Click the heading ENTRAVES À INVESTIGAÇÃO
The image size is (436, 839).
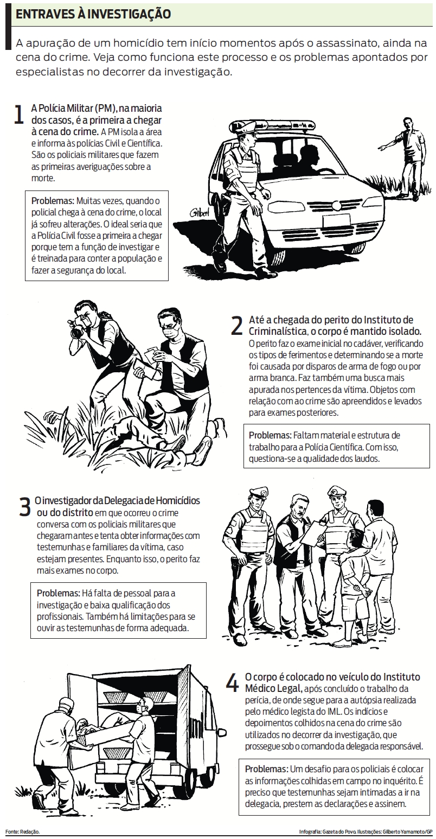click(x=93, y=15)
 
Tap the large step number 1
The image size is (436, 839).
click(x=19, y=115)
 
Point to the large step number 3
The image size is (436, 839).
click(x=24, y=505)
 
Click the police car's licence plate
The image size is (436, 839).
click(x=338, y=220)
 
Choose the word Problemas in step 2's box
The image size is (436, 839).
click(x=270, y=436)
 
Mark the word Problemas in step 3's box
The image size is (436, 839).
click(x=57, y=592)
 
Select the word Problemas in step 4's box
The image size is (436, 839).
click(x=266, y=770)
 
